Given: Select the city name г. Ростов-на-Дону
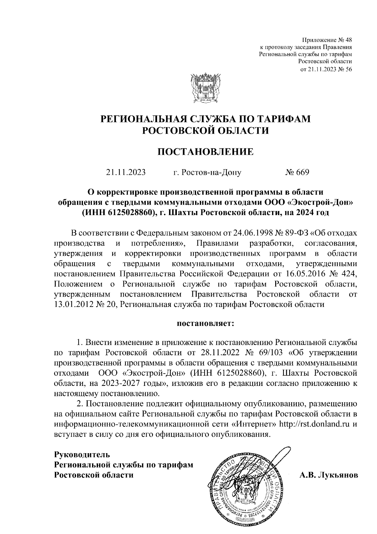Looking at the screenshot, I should coord(207,173).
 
